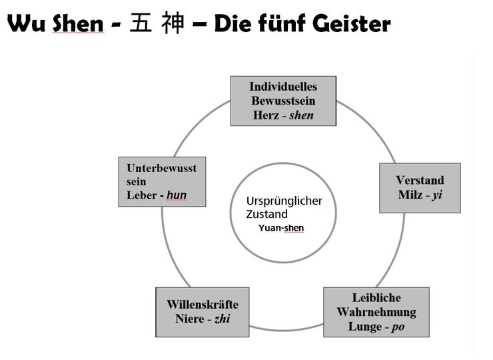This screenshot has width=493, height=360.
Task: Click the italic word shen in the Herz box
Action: (301, 115)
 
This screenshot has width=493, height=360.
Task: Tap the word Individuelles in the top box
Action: (283, 87)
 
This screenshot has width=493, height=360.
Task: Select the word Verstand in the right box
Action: (420, 180)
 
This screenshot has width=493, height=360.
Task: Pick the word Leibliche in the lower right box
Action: (376, 297)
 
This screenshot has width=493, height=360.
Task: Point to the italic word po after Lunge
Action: (398, 327)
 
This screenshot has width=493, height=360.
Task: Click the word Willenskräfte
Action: (203, 304)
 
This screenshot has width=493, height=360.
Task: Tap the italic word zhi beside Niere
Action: (222, 319)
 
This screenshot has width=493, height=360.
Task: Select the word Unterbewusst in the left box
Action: (162, 168)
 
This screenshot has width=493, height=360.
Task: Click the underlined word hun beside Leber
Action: (177, 195)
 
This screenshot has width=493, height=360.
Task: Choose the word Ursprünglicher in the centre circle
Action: (284, 201)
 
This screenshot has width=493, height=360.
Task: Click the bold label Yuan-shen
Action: (281, 228)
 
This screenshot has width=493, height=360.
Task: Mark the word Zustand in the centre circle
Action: (267, 214)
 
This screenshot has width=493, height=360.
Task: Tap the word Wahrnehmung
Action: (376, 312)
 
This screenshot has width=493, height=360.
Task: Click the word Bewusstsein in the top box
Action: (283, 101)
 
